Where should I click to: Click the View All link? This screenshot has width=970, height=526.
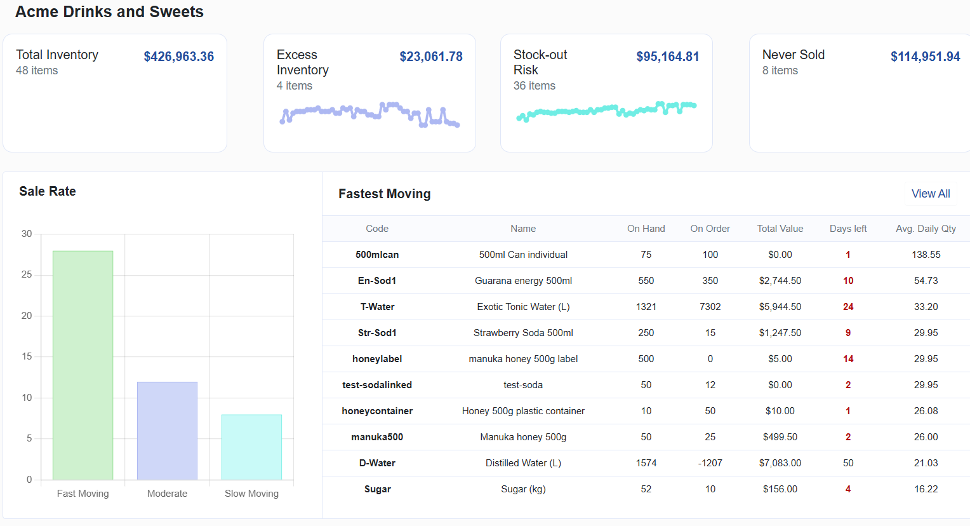tap(931, 194)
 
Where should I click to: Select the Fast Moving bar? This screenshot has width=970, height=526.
tap(83, 365)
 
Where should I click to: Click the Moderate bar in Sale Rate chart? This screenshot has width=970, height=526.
tap(167, 431)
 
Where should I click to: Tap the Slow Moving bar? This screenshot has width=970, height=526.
tap(251, 447)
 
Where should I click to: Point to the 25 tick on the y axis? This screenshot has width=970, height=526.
tap(27, 274)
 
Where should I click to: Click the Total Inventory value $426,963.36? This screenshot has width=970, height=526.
tap(178, 57)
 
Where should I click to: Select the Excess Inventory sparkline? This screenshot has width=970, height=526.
tap(369, 114)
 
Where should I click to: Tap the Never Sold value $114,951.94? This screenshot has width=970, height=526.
tap(925, 57)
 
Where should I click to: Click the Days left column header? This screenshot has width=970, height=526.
tap(847, 229)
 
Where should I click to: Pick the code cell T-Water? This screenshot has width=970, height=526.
tap(377, 307)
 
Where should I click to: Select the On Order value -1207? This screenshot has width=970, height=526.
tap(710, 463)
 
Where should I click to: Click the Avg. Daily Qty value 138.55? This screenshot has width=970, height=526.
tap(926, 255)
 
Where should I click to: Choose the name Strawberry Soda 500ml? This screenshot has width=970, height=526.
tap(523, 333)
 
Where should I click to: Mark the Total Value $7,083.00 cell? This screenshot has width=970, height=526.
tap(780, 463)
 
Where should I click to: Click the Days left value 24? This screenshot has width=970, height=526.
tap(847, 307)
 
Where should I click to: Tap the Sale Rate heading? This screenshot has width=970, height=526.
tap(48, 191)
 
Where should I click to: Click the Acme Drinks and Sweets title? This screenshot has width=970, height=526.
tap(109, 12)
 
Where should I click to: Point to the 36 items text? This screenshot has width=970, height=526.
tap(534, 86)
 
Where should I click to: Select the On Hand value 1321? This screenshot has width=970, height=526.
tap(646, 307)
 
